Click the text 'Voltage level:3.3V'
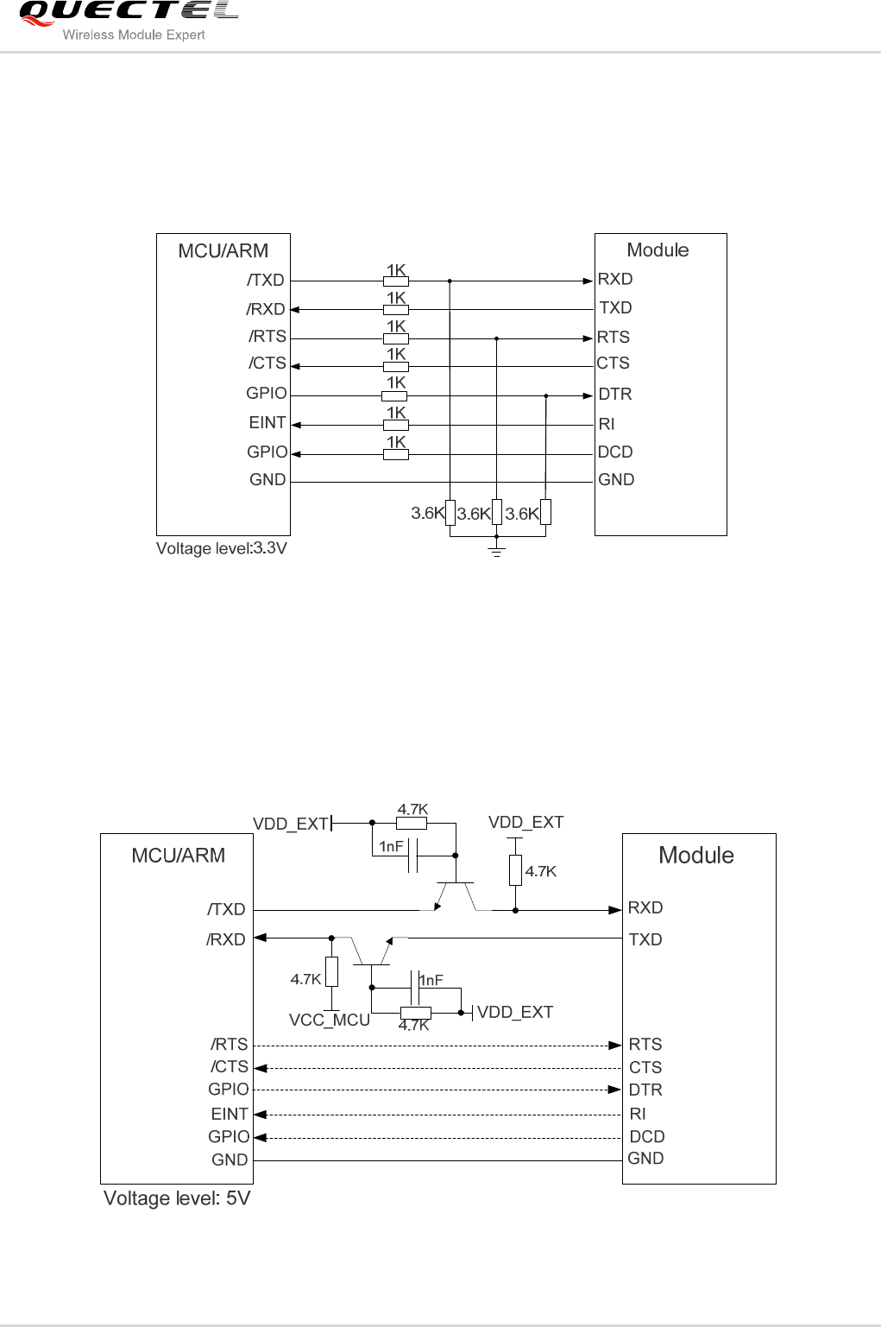221,548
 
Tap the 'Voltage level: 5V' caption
177,1198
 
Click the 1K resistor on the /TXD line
396,281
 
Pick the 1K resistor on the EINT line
396,425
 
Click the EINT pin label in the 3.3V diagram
267,423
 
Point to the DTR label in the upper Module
615,395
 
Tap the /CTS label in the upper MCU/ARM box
267,363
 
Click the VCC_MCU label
330,1021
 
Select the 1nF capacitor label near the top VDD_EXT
392,847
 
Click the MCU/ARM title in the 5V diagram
178,856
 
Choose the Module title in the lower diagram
696,856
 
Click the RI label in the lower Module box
638,1114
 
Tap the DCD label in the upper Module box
615,452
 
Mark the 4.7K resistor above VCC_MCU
331,972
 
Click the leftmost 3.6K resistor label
428,514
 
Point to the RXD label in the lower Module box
645,908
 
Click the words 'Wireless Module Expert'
134,35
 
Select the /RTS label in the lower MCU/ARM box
230,1045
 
